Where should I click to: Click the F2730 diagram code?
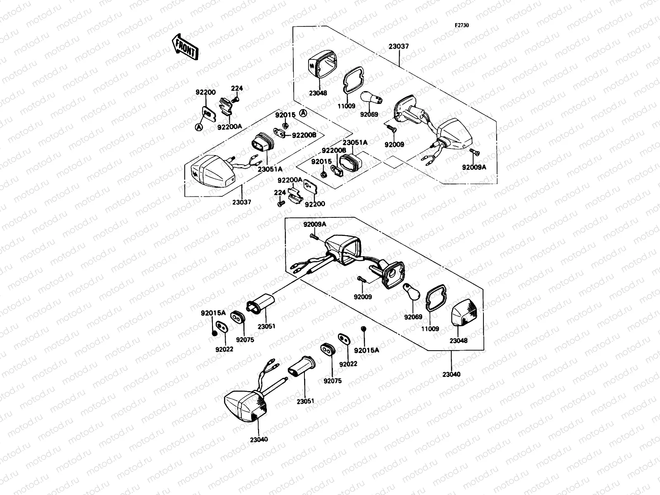[462, 25]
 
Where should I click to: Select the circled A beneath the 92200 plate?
[198, 128]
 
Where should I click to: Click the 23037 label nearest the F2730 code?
[398, 47]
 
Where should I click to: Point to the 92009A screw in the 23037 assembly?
[474, 152]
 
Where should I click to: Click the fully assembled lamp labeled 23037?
[211, 174]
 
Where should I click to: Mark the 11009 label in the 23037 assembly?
[346, 106]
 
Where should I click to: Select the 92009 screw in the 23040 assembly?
[362, 279]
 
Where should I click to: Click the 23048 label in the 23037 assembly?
[318, 93]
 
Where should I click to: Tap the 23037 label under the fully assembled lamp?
[241, 202]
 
